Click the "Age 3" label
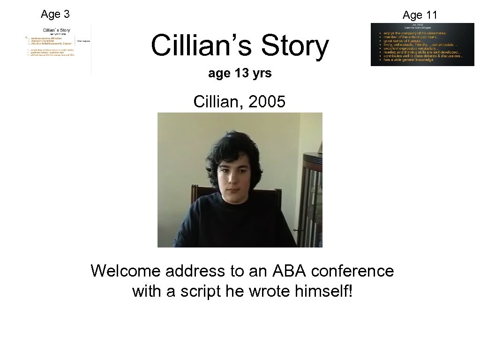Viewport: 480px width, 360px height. (x=55, y=14)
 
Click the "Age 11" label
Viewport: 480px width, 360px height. (x=420, y=15)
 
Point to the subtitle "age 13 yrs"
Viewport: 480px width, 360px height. (x=240, y=74)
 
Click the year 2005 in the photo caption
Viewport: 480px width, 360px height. (x=266, y=101)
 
